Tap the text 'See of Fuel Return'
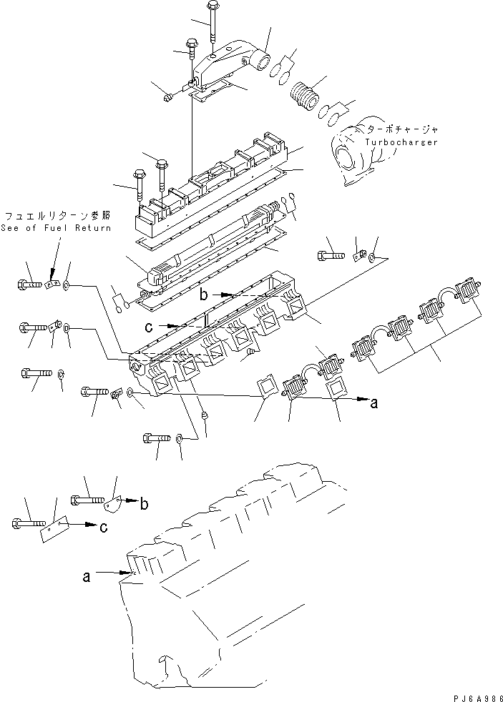(x=57, y=228)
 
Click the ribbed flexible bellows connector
(x=305, y=96)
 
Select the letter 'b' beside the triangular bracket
(x=144, y=504)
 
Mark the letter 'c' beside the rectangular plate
(x=105, y=528)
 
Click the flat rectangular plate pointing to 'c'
(x=54, y=526)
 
